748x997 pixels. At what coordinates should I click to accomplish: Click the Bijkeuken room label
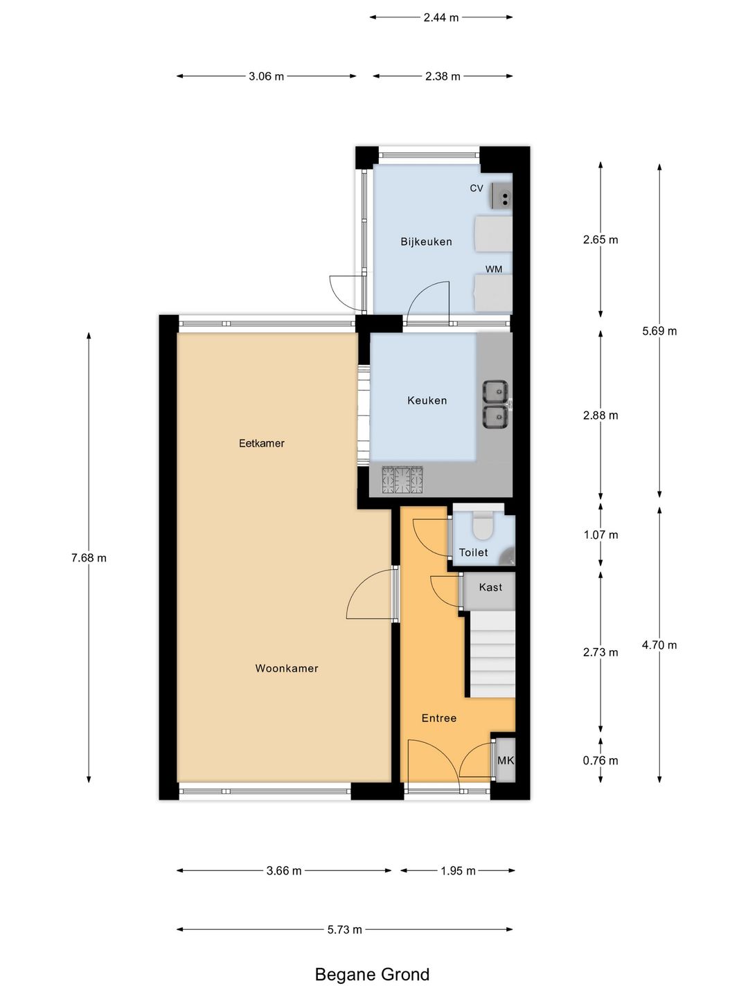426,242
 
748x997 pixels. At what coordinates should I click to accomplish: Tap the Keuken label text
427,400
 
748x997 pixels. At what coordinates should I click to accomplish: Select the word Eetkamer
261,443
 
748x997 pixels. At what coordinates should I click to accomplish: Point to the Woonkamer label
287,668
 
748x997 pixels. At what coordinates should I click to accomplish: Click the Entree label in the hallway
439,718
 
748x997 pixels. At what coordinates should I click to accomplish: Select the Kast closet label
490,587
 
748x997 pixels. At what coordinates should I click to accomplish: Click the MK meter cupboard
506,760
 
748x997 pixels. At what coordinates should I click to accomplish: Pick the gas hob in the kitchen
402,479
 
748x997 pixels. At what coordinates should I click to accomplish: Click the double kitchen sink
495,404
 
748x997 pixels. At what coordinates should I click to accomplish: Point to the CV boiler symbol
501,196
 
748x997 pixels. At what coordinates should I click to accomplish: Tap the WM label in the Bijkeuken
494,269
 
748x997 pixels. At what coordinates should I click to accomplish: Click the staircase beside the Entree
492,654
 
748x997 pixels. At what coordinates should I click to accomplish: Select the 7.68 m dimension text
89,558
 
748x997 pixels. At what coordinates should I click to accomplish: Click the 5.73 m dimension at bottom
344,929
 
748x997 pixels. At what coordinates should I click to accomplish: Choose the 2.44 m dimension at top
441,17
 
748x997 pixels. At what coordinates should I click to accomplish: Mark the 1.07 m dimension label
600,535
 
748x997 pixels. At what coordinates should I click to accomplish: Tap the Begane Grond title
372,974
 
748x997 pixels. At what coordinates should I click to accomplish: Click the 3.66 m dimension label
284,870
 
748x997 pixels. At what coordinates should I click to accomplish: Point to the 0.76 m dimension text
600,760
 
